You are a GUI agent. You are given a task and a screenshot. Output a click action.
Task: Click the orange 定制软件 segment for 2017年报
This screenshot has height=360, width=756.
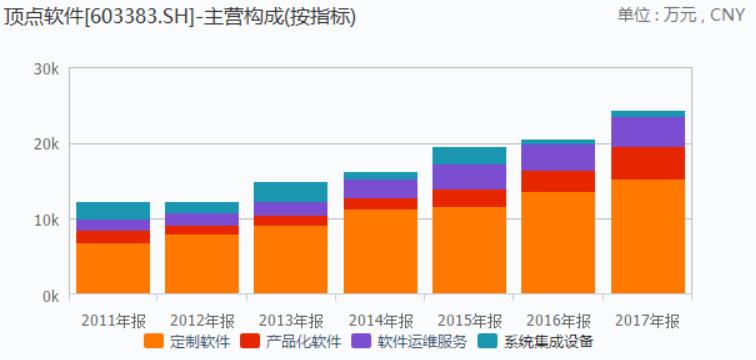click(x=648, y=236)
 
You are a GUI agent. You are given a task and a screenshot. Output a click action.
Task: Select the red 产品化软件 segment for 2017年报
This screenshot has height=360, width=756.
click(x=648, y=163)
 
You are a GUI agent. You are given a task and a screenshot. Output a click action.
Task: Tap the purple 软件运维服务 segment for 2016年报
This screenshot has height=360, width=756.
click(x=558, y=157)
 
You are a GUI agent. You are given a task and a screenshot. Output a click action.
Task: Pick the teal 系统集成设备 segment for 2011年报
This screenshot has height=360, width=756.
click(x=113, y=211)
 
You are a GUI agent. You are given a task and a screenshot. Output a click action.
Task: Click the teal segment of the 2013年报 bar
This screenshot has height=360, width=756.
click(x=290, y=192)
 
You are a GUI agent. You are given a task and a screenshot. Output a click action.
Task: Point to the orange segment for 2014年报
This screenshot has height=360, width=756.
click(x=380, y=251)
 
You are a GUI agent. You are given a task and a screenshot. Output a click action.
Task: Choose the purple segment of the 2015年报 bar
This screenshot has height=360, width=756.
click(x=469, y=177)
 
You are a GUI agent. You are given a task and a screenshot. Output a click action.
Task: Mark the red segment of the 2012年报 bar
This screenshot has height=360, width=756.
click(x=202, y=230)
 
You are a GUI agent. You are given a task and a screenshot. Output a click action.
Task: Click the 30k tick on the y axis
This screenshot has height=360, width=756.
click(x=47, y=68)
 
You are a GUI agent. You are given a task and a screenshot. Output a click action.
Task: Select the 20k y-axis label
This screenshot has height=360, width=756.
click(x=47, y=144)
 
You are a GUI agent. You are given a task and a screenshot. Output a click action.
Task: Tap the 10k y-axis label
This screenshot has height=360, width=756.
click(x=47, y=220)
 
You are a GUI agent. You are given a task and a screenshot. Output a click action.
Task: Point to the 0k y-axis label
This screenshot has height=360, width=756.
click(x=50, y=296)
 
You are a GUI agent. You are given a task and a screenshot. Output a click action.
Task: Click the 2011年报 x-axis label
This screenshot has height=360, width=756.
click(x=113, y=320)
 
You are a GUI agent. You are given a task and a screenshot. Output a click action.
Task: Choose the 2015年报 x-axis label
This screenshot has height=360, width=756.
click(x=469, y=320)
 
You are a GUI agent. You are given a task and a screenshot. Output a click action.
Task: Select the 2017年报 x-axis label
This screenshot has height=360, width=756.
click(x=648, y=320)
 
